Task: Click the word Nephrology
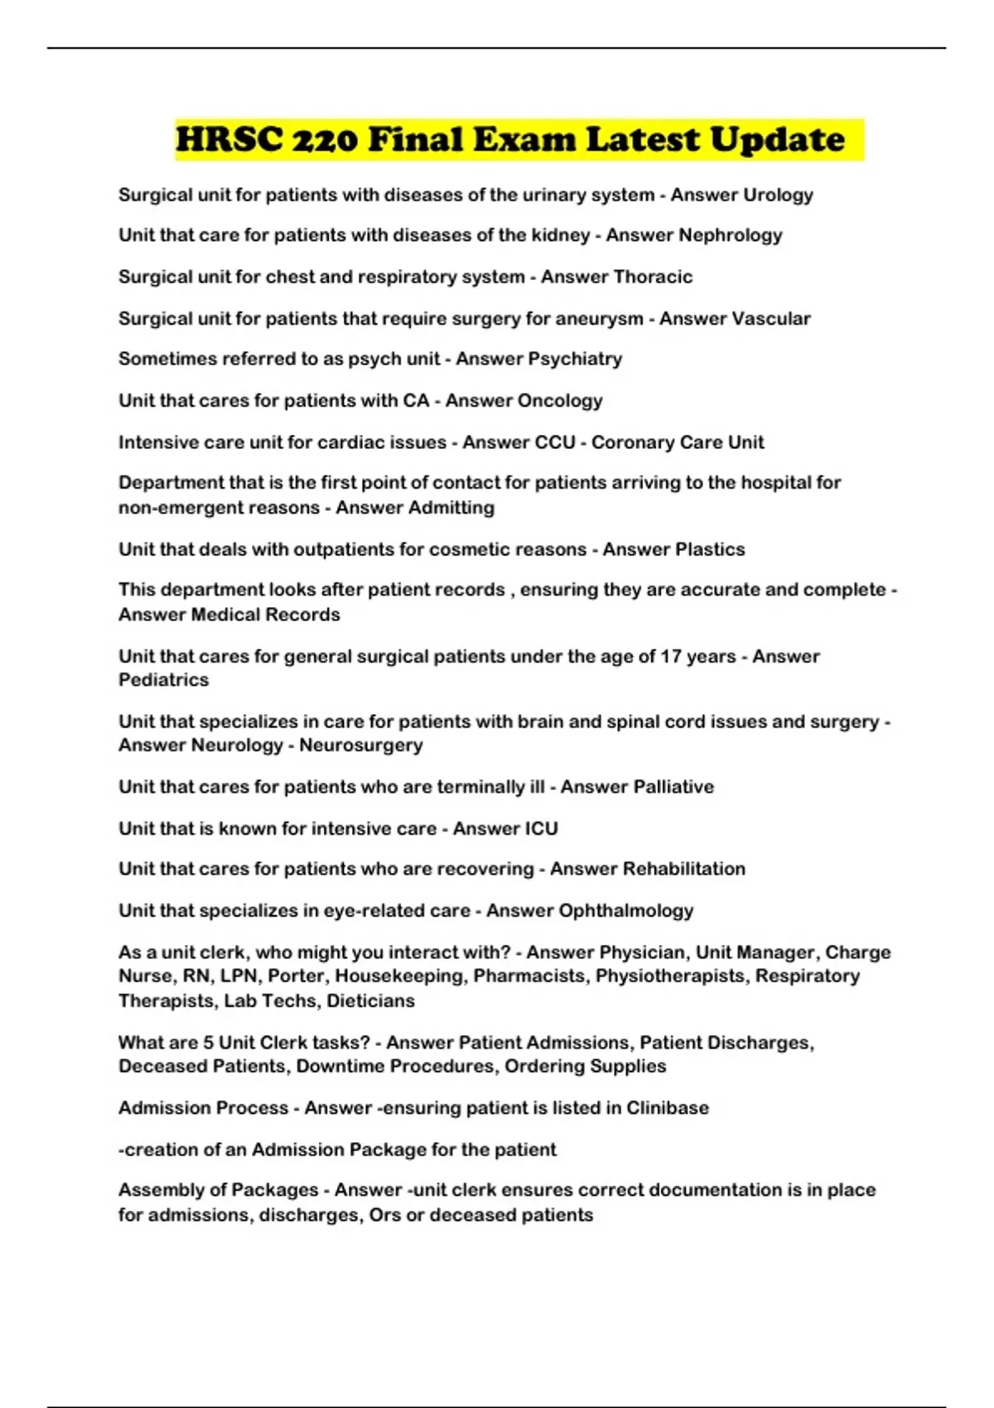point(730,235)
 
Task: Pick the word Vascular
point(768,319)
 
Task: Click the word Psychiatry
point(575,359)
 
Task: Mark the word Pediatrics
point(164,680)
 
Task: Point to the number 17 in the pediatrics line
point(670,657)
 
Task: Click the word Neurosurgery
point(361,745)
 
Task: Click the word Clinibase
point(668,1108)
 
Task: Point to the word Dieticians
point(371,1001)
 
